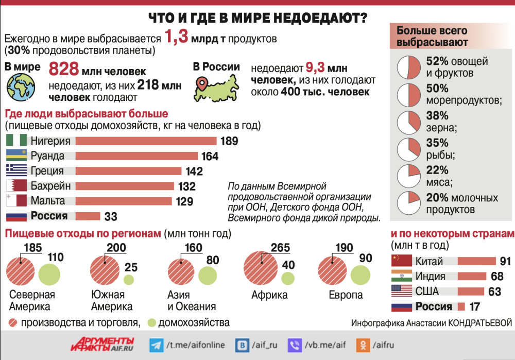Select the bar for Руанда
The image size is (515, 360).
[x=138, y=156]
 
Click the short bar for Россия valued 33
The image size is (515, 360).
[x=88, y=216]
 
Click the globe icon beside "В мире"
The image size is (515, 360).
[x=21, y=86]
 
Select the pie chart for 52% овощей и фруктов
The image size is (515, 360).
[x=409, y=67]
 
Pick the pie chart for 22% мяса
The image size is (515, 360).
[x=409, y=176]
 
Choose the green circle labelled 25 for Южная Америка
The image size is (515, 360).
[x=129, y=280]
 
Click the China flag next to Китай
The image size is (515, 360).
[x=401, y=261]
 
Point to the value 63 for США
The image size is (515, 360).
[x=494, y=292]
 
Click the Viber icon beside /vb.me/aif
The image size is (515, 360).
[x=296, y=345]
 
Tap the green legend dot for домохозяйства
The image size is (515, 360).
[x=151, y=323]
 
